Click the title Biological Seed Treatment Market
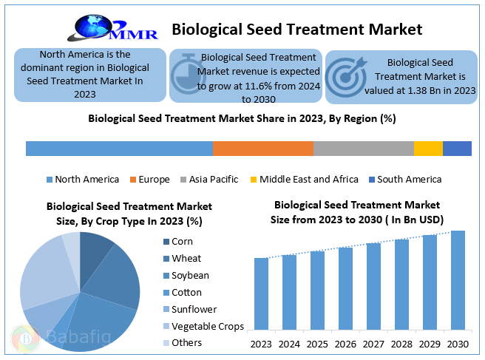pyautogui.click(x=296, y=30)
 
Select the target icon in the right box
pyautogui.click(x=345, y=75)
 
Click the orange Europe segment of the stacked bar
pyautogui.click(x=262, y=148)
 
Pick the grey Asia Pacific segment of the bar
pyautogui.click(x=363, y=148)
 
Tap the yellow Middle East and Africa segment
pyautogui.click(x=428, y=148)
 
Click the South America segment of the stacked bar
pyautogui.click(x=457, y=148)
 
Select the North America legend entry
pyautogui.click(x=82, y=180)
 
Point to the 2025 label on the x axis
pyautogui.click(x=317, y=344)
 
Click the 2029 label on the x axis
pyautogui.click(x=430, y=344)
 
